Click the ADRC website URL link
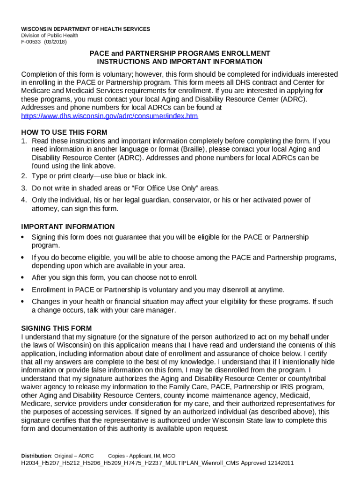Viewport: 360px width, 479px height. pyautogui.click(x=110, y=116)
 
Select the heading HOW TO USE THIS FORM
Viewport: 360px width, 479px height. pyautogui.click(x=64, y=132)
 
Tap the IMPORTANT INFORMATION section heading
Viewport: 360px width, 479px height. pyautogui.click(x=68, y=227)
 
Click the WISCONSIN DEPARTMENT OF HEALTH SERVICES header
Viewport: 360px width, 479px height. pyautogui.click(x=86, y=29)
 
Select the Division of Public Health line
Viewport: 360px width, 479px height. pyautogui.click(x=49, y=36)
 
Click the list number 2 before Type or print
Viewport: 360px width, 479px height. pyautogui.click(x=24, y=176)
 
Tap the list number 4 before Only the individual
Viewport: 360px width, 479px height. pyautogui.click(x=24, y=200)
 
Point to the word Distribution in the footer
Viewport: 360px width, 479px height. pyautogui.click(x=36, y=456)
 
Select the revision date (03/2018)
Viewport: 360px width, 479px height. pyautogui.click(x=56, y=42)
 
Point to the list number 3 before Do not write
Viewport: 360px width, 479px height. pyautogui.click(x=24, y=188)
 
